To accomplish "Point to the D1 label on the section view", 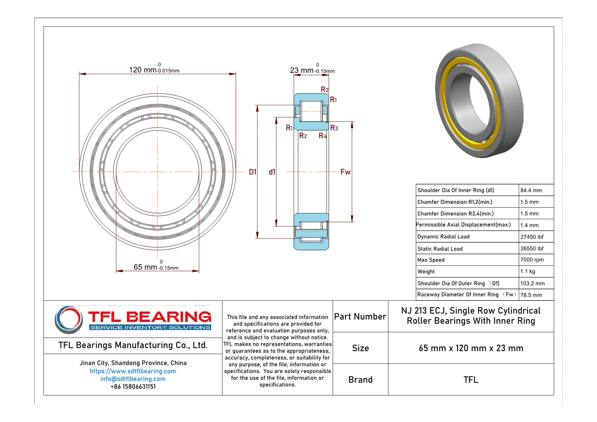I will (252, 172).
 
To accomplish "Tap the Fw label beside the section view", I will (345, 172).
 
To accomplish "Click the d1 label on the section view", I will (272, 172).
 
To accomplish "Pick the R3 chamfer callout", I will (334, 128).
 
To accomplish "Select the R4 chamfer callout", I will (322, 136).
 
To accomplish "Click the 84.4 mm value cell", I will (531, 190).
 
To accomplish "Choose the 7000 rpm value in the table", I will (532, 260).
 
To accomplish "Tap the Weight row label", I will (426, 272).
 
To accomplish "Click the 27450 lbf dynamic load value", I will (532, 237).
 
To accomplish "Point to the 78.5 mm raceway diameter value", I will (531, 295).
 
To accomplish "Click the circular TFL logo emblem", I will (69, 319).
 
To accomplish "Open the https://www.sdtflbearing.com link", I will (133, 371).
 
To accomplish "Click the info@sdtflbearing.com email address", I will (133, 379).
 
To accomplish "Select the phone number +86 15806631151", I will (133, 387).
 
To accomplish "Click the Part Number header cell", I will (360, 316).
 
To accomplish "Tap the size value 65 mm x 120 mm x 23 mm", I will (471, 348).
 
